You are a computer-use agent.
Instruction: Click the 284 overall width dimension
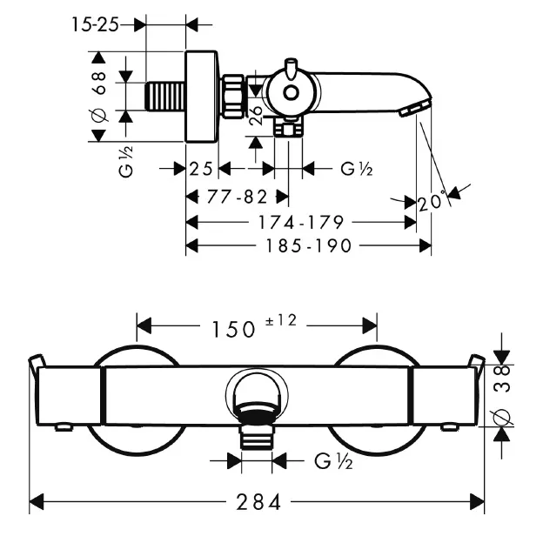pos(258,501)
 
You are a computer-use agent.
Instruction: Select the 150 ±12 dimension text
pos(254,326)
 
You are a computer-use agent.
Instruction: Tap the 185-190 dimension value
pos(308,246)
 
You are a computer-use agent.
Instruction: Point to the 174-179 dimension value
pos(301,222)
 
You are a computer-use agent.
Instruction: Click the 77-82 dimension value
pos(237,197)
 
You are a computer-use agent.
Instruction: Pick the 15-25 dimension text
pos(95,24)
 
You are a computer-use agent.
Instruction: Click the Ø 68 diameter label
pos(98,97)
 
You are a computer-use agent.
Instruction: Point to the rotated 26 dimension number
pos(257,116)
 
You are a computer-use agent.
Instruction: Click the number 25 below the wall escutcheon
pos(201,169)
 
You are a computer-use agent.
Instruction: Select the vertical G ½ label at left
pos(125,162)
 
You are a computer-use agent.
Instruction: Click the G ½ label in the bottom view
pos(333,461)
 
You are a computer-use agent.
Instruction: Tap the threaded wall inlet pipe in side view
pos(165,97)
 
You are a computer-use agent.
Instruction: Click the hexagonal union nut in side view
pos(233,97)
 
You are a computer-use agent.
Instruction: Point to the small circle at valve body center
pos(291,92)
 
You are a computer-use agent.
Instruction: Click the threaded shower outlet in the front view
pos(257,437)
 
